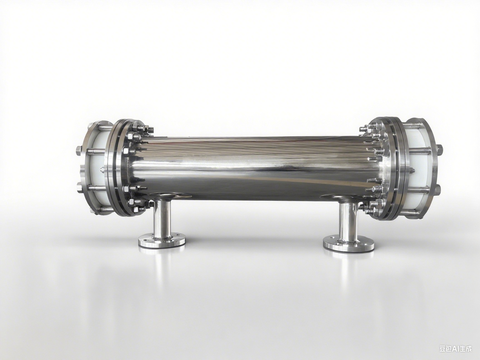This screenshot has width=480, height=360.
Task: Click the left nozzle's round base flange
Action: (161, 240)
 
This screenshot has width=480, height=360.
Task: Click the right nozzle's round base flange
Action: (349, 243)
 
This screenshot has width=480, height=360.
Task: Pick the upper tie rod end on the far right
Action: (438, 150)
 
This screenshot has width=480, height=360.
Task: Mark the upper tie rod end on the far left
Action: (79, 151)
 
